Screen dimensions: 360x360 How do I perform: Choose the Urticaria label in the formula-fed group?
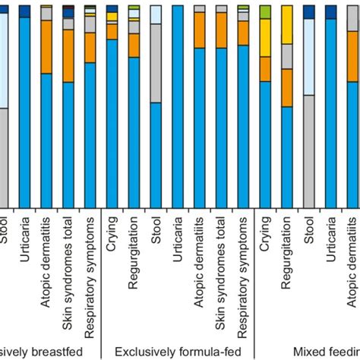point(178,235)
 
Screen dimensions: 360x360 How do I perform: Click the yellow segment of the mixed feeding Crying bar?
point(265,37)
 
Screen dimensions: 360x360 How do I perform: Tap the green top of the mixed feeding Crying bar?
point(265,11)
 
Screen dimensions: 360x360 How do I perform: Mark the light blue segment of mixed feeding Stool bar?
point(309,57)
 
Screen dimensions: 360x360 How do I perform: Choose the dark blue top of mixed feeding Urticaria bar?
point(331,11)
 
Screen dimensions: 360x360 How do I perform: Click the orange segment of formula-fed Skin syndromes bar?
point(221,30)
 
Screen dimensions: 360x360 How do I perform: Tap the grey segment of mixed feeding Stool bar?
point(309,152)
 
